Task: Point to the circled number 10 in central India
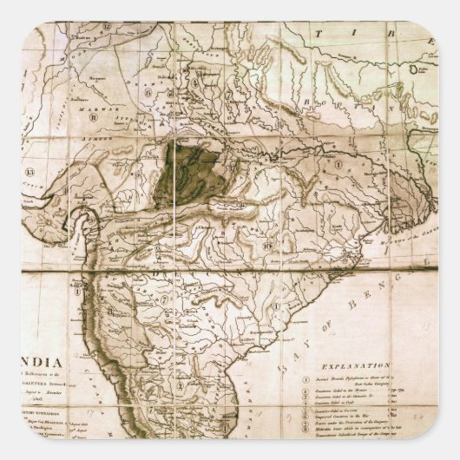coord(270,247)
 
